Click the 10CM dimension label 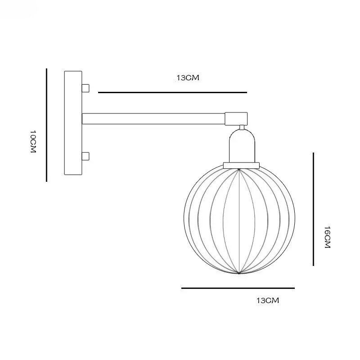[32, 142]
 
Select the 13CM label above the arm [187, 78]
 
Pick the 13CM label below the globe [267, 301]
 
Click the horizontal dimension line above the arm [172, 92]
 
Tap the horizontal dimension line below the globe [238, 288]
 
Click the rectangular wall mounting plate [73, 123]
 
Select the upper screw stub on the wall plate [85, 87]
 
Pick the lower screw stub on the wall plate [85, 157]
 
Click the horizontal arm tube [153, 119]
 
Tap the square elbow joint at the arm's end [235, 118]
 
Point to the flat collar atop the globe [242, 165]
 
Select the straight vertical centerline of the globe [239, 220]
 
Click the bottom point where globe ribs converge [239, 273]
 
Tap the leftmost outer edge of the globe [184, 220]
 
